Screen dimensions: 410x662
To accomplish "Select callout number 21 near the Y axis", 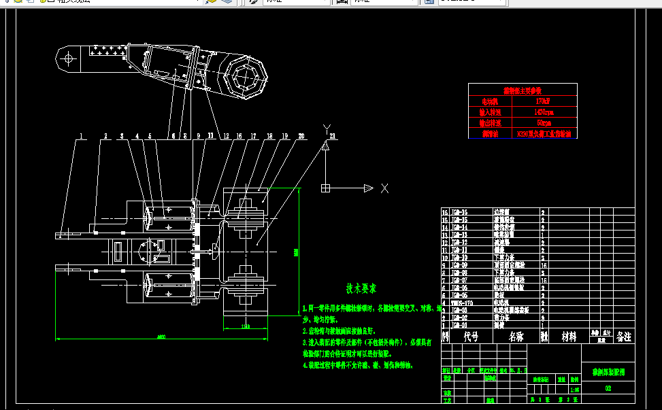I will (x=332, y=136).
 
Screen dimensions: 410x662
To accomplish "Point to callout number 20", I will (x=301, y=136).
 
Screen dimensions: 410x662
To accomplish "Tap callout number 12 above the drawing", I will (x=226, y=136).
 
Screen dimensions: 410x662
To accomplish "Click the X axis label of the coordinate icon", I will (x=384, y=188).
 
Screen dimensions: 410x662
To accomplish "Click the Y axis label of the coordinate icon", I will (x=327, y=129).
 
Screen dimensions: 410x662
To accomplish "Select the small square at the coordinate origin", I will (x=326, y=188).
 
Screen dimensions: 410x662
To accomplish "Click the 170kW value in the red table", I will (x=543, y=101).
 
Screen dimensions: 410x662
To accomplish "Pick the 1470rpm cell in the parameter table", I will (x=544, y=112).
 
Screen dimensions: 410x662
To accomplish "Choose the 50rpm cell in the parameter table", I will (x=544, y=123).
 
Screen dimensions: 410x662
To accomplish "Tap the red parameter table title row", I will (x=523, y=90).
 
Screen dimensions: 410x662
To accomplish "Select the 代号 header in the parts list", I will (x=471, y=337).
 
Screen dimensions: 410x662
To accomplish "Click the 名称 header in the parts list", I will (x=515, y=337).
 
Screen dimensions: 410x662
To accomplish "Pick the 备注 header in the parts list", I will (x=624, y=337).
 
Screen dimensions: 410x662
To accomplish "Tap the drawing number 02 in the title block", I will (x=608, y=388).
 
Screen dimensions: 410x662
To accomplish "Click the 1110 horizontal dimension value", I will (x=245, y=327).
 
